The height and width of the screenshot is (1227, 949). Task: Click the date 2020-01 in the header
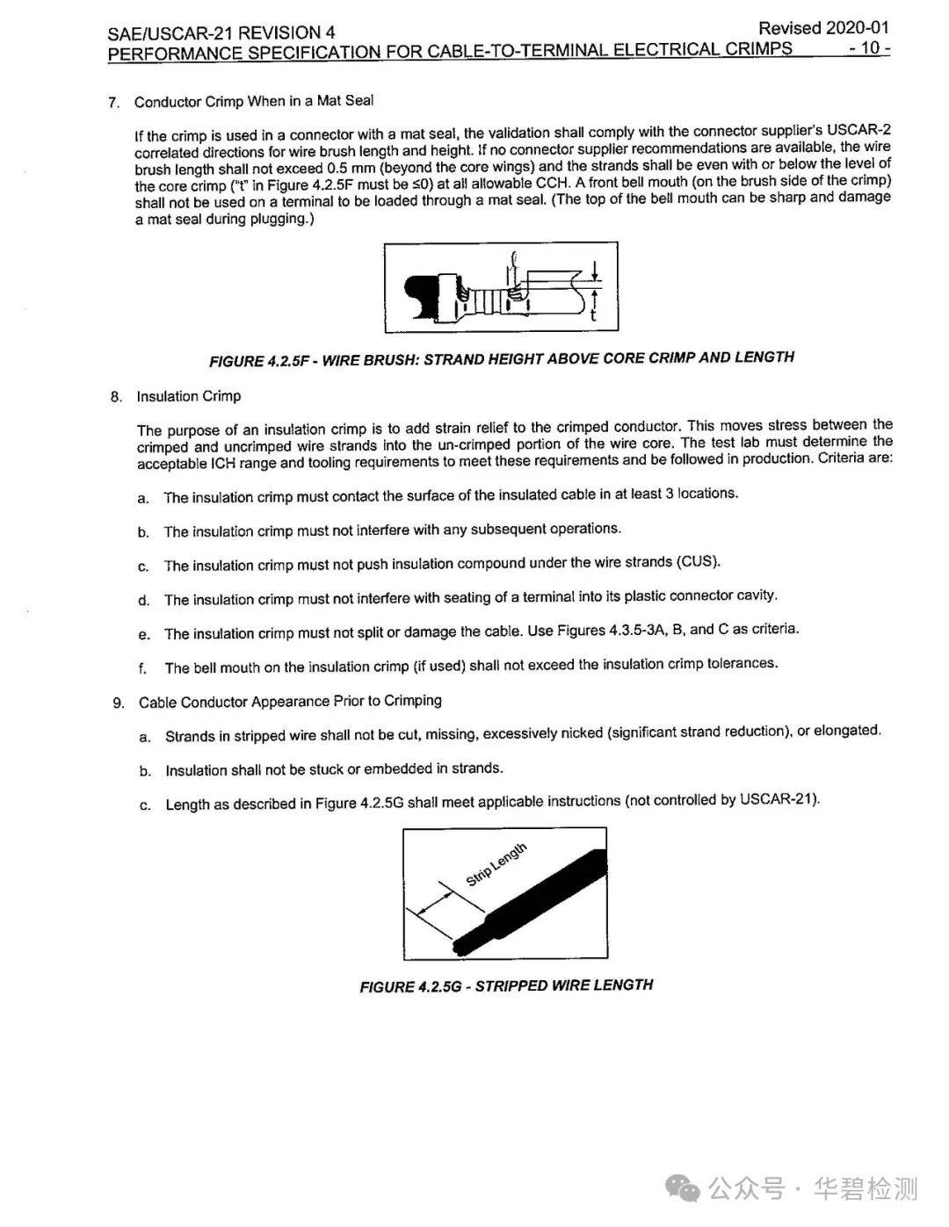pos(856,28)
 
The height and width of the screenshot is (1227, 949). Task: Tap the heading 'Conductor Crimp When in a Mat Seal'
pos(254,101)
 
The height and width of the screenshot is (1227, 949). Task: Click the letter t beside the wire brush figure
pos(594,314)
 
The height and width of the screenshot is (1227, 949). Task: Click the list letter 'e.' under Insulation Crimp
pos(144,634)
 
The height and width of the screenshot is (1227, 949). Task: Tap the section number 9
pos(118,703)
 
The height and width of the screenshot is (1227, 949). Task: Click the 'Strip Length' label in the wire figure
pos(496,864)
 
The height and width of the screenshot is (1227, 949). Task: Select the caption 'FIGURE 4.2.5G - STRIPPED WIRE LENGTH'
pos(506,985)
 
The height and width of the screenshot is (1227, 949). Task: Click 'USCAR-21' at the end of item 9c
pos(778,799)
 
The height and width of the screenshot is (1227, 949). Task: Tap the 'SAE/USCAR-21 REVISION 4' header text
pos(221,33)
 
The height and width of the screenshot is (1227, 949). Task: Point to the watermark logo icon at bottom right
pos(682,1189)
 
